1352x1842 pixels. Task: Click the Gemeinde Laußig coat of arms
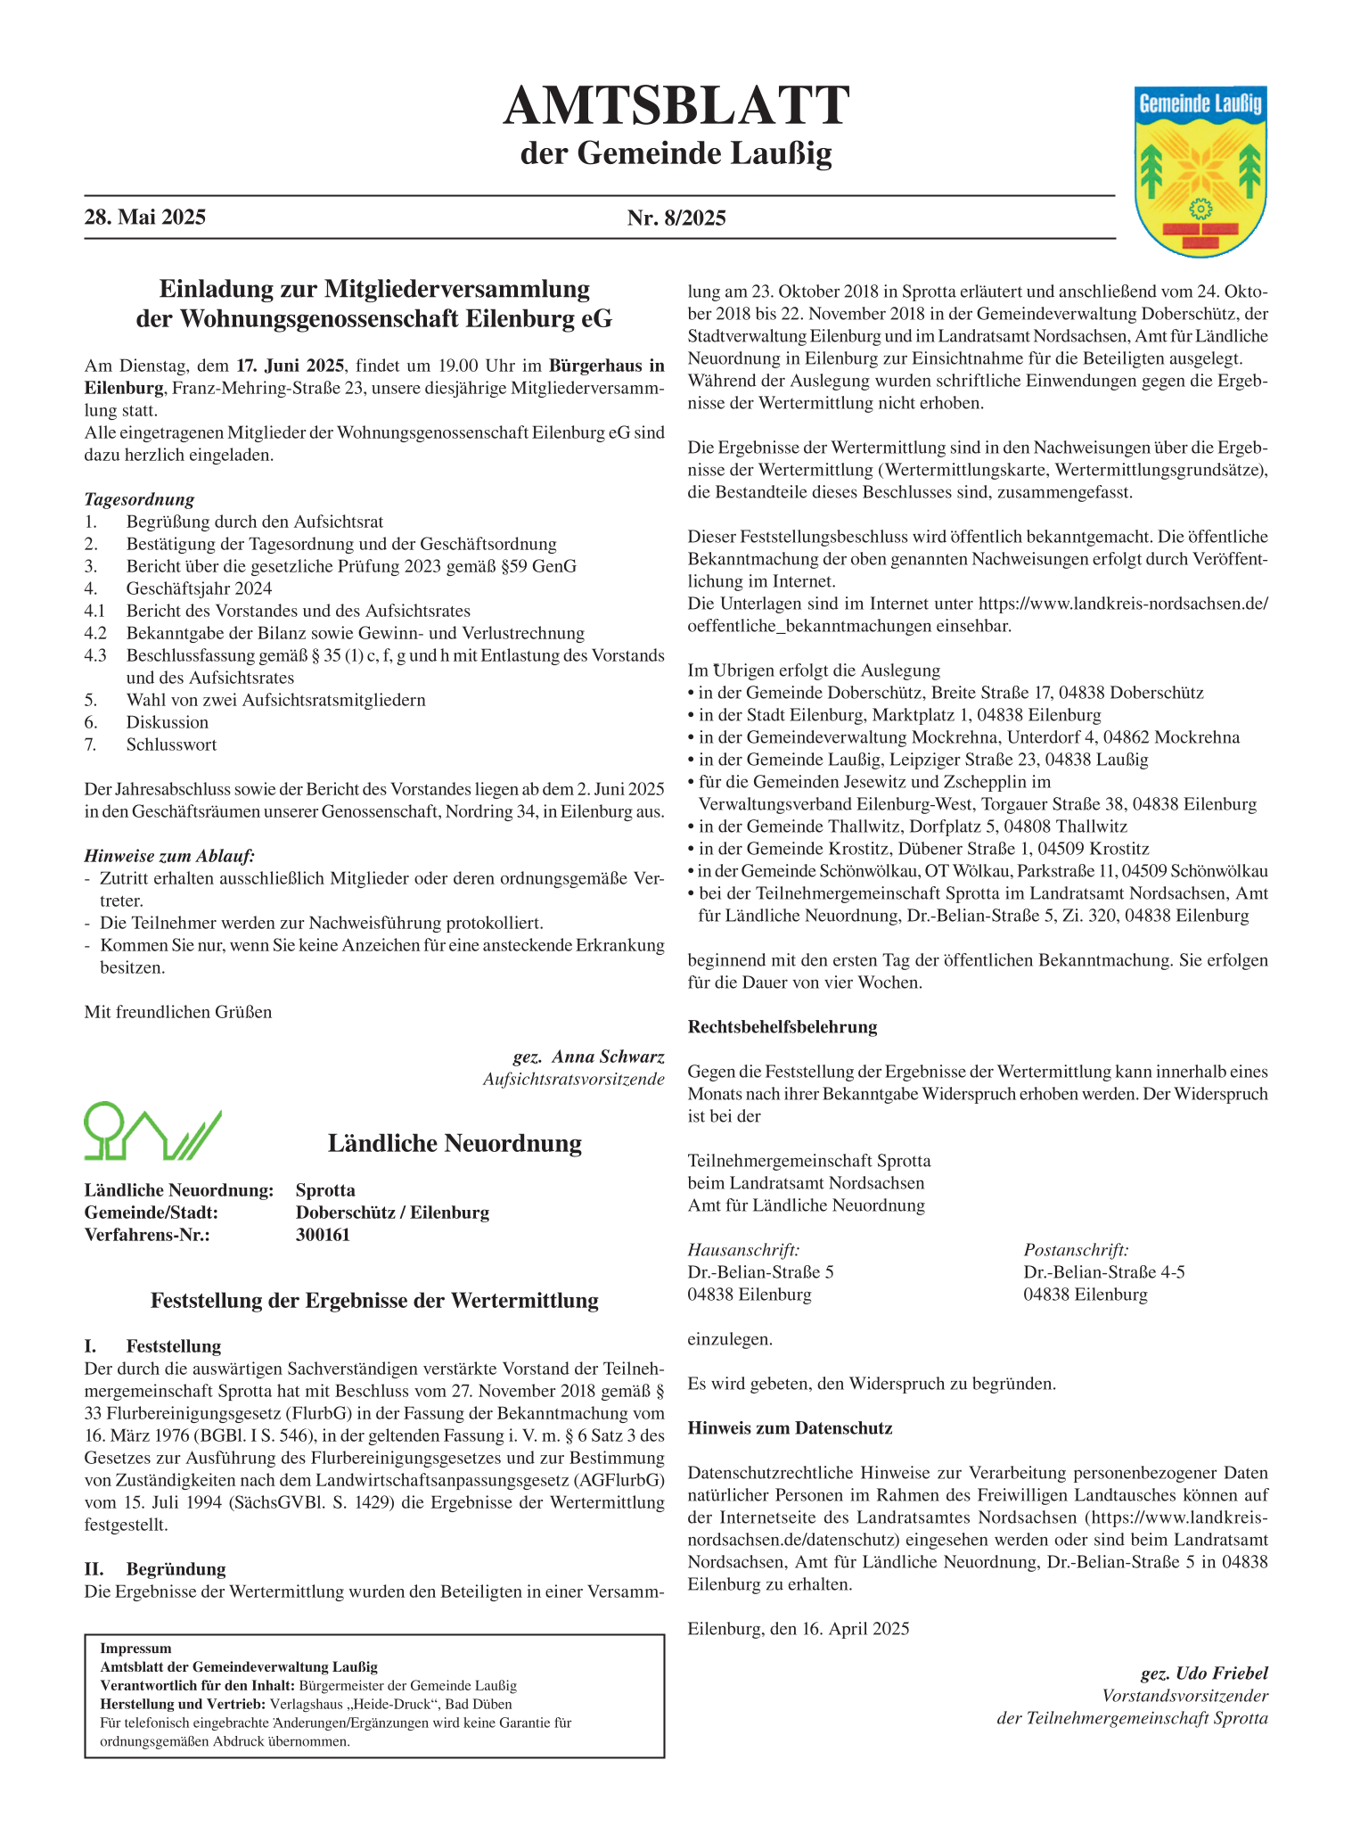1201,171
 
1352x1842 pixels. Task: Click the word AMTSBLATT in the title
676,106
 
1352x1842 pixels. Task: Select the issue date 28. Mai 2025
145,218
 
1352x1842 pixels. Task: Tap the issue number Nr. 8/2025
676,218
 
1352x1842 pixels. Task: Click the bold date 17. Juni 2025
291,366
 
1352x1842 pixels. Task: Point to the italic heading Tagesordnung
139,499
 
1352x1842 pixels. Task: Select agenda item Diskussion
168,722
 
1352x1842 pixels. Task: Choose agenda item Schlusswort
171,744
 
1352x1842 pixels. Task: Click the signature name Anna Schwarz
608,1057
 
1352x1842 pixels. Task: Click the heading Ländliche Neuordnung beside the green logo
455,1143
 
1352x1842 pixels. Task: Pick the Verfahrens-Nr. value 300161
323,1235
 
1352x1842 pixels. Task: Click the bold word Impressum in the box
135,1649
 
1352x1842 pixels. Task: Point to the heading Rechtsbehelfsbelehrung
783,1027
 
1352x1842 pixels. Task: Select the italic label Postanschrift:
1076,1250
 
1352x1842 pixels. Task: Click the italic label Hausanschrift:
743,1250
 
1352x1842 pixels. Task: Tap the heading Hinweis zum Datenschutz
790,1428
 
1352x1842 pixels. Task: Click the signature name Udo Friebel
1221,1673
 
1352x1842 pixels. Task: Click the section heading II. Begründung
155,1569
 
